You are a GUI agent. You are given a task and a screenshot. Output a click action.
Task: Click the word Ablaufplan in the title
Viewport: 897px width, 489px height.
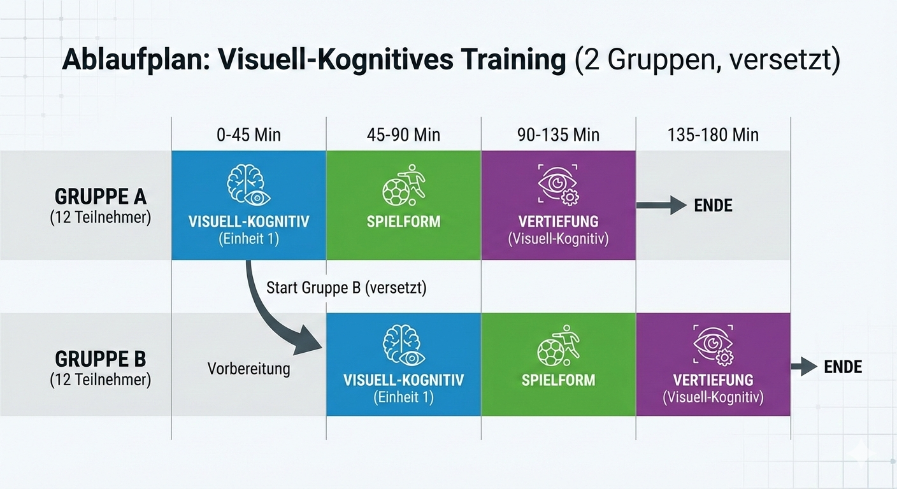136,60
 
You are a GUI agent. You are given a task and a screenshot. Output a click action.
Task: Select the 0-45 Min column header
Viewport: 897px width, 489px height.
248,135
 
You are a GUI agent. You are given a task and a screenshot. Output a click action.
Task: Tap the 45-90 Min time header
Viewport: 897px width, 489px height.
403,135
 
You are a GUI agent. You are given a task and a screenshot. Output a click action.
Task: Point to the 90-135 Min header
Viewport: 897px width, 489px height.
558,135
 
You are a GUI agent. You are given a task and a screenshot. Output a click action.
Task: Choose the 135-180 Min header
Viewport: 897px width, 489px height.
713,135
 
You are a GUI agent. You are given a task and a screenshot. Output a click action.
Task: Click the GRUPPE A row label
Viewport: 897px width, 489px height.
101,197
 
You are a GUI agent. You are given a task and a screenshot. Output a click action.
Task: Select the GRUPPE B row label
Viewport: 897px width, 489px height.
101,359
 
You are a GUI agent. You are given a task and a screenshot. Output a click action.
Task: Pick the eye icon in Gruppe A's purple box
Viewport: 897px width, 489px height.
558,185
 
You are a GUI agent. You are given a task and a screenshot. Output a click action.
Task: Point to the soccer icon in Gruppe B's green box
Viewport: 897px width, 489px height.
558,345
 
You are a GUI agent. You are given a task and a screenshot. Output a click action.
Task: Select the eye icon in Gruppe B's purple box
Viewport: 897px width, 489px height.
713,345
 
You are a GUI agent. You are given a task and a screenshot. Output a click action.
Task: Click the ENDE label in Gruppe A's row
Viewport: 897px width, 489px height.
713,205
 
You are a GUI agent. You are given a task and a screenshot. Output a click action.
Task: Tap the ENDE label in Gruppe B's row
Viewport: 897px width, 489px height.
843,367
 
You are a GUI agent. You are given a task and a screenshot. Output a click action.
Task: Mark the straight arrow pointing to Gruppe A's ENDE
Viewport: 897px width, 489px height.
661,205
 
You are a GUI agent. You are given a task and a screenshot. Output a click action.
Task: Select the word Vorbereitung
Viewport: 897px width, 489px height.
248,369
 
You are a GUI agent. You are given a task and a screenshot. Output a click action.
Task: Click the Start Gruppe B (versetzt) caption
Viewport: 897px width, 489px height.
347,288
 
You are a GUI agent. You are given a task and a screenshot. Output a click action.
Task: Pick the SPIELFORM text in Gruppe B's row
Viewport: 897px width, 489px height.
558,380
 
